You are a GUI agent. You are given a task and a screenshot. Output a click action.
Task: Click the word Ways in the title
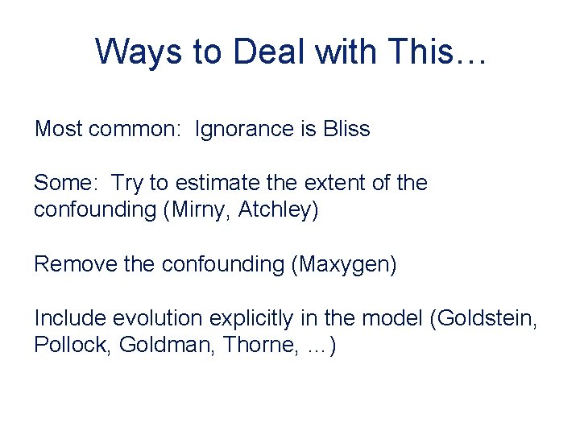[137, 52]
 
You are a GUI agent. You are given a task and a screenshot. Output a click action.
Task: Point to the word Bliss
[347, 129]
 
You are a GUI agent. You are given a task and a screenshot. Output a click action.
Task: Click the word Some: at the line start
[65, 183]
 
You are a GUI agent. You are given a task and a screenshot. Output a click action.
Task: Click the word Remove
[68, 264]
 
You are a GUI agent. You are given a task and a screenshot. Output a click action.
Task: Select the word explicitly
[249, 318]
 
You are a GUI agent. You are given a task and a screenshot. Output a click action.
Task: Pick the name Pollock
[72, 346]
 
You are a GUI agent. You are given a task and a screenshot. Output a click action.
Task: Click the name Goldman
[166, 346]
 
